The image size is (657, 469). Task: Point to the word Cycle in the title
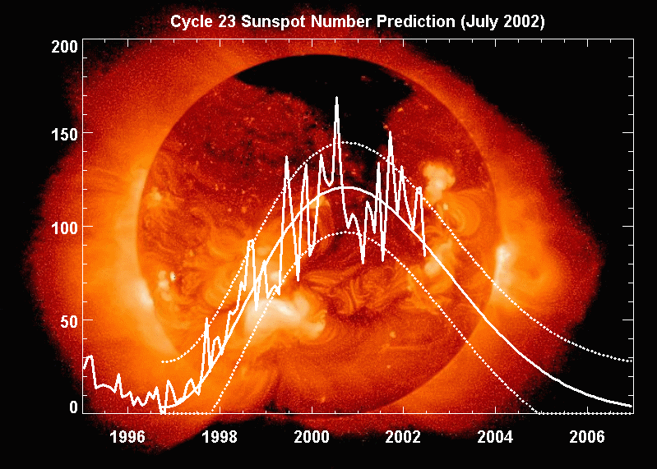189,22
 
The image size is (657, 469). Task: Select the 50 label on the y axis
72,320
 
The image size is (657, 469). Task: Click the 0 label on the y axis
74,407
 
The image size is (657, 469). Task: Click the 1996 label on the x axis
127,435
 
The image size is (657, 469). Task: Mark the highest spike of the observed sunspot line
336,98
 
